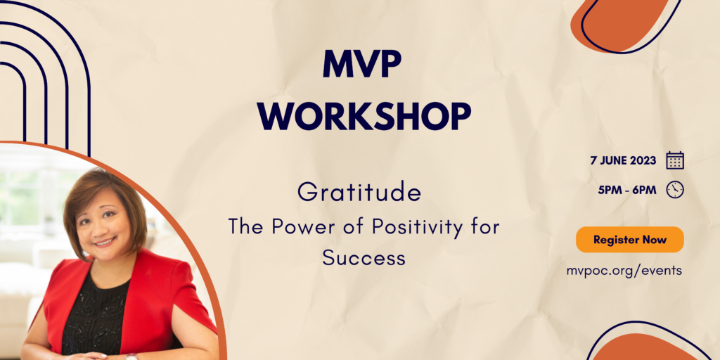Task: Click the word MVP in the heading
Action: (362, 63)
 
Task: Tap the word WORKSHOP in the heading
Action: (364, 116)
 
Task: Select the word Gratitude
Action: (359, 193)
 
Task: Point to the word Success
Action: (364, 257)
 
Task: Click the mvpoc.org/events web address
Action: (624, 271)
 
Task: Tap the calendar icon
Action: (675, 161)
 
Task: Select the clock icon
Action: (675, 190)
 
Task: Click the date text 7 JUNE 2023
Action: (623, 161)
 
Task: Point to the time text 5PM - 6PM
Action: (627, 190)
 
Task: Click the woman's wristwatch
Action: (131, 356)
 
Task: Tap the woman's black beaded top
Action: (96, 317)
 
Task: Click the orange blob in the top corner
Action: (621, 25)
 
